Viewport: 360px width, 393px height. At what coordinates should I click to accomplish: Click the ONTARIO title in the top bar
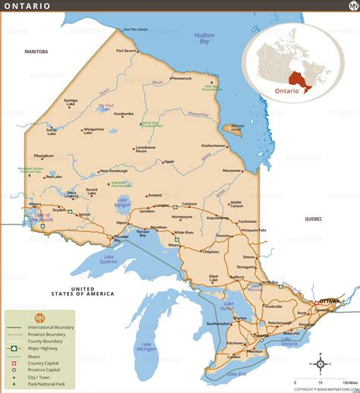[x=28, y=6]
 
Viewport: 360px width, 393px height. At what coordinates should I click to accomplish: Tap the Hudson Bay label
[x=204, y=39]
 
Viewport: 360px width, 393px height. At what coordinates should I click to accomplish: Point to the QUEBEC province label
[x=313, y=219]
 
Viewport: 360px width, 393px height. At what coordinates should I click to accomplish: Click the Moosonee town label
[x=232, y=171]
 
